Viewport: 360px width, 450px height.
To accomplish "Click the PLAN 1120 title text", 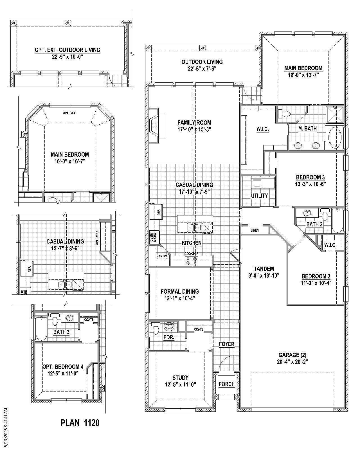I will (80, 422).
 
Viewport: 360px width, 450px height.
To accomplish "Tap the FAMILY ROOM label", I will (194, 123).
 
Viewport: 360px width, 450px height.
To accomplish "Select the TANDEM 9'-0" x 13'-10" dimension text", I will (264, 276).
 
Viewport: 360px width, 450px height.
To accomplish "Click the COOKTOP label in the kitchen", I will (191, 253).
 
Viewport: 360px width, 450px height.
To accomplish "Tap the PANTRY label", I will (162, 256).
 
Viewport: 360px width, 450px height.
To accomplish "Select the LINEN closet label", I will (255, 230).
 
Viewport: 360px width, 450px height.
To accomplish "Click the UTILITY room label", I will (259, 195).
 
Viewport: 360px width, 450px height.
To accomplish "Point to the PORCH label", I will (226, 384).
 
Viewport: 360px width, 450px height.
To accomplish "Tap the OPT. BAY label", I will (69, 113).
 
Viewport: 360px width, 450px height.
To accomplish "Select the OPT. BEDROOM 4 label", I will (63, 367).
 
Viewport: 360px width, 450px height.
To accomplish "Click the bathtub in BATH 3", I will (41, 329).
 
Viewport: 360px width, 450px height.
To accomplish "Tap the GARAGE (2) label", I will (292, 355).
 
